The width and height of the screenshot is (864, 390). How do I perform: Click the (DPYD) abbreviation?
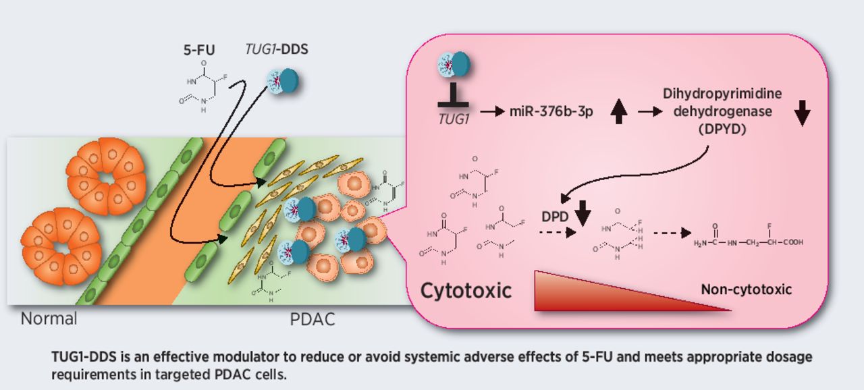click(x=723, y=129)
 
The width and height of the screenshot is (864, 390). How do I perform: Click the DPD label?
click(x=555, y=218)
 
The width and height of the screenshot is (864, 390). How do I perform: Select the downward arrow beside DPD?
click(x=582, y=215)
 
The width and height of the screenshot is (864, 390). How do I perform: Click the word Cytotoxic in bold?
click(x=466, y=291)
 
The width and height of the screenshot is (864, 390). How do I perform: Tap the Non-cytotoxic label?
click(x=746, y=289)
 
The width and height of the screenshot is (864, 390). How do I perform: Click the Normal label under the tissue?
click(x=49, y=318)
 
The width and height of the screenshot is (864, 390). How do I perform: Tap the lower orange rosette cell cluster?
click(x=61, y=246)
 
